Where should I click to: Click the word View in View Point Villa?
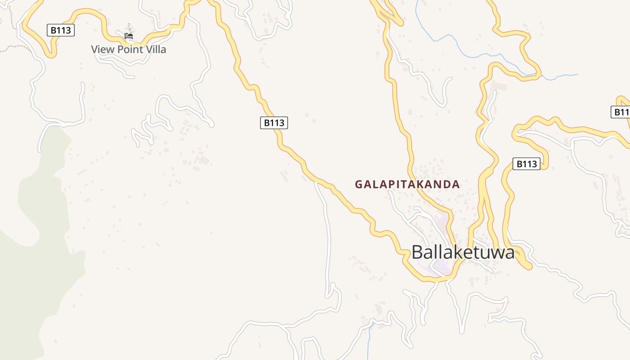click(x=103, y=49)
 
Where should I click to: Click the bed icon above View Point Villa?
click(x=129, y=36)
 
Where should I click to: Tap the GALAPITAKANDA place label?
click(x=407, y=184)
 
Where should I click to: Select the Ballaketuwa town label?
click(x=463, y=252)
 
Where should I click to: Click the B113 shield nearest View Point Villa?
click(x=60, y=31)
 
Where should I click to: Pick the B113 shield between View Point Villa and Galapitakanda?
click(x=274, y=122)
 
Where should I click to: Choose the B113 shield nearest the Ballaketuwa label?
click(x=526, y=164)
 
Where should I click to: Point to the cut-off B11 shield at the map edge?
click(x=621, y=112)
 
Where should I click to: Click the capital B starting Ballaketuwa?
click(x=417, y=252)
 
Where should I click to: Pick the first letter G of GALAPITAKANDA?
click(x=359, y=184)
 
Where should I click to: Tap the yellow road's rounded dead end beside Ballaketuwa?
click(x=527, y=266)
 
